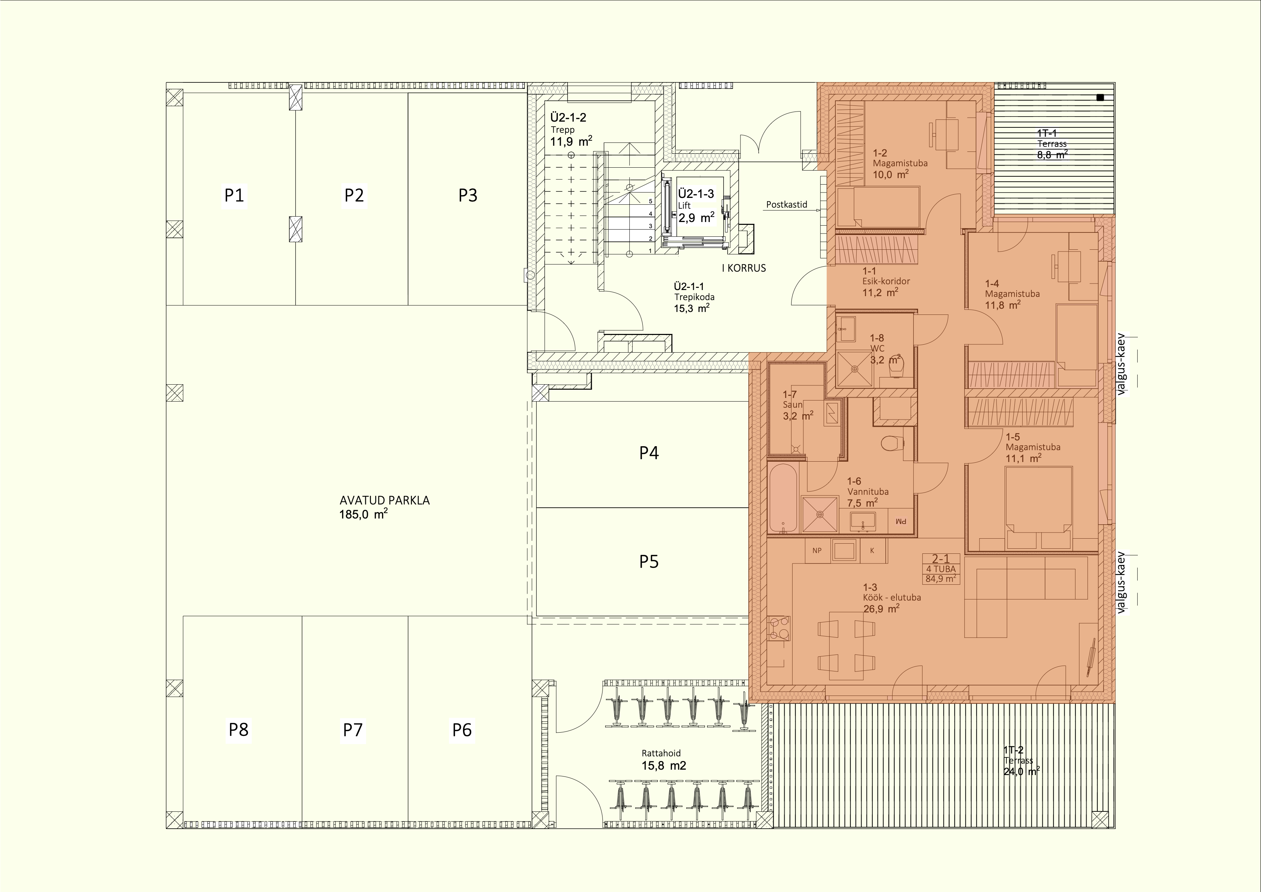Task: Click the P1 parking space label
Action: pyautogui.click(x=234, y=195)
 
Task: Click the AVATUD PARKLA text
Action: pyautogui.click(x=385, y=500)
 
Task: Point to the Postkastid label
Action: pyautogui.click(x=787, y=204)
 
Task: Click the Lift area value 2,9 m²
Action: pyautogui.click(x=696, y=218)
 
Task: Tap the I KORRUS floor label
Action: pyautogui.click(x=744, y=268)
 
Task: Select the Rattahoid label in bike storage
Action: pyautogui.click(x=661, y=753)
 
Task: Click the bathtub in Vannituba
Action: pyautogui.click(x=783, y=498)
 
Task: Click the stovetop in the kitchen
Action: pyautogui.click(x=779, y=629)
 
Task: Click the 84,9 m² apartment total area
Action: pyautogui.click(x=940, y=578)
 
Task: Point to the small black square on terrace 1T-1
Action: pyautogui.click(x=1100, y=98)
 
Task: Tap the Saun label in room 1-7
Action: pyautogui.click(x=793, y=404)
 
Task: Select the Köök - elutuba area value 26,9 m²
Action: pyautogui.click(x=881, y=609)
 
